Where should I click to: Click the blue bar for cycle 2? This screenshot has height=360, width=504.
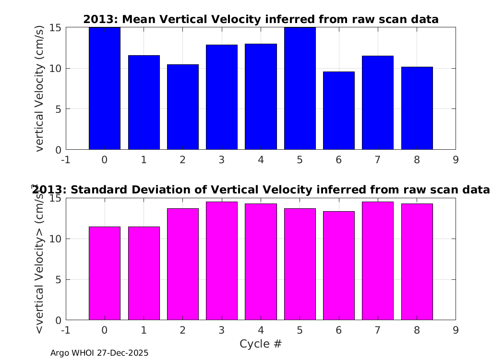[x=183, y=107]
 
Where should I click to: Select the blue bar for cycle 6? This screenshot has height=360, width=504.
[x=339, y=110]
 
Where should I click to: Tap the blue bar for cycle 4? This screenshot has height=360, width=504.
[x=261, y=97]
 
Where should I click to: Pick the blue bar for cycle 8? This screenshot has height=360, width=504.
[x=417, y=108]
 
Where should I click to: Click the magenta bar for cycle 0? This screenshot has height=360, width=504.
[x=105, y=274]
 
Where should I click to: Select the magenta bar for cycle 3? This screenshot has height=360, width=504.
[x=222, y=261]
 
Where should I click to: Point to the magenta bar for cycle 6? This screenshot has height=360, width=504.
[x=339, y=266]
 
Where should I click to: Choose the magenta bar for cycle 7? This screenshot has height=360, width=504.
[x=378, y=261]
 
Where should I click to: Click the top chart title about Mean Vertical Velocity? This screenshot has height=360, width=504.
[x=261, y=19]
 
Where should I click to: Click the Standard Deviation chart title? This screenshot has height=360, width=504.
[x=261, y=190]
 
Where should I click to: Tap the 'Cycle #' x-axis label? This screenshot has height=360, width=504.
[x=261, y=344]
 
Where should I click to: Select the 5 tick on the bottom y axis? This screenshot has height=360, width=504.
[x=58, y=280]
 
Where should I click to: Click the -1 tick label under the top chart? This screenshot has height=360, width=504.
[x=66, y=160]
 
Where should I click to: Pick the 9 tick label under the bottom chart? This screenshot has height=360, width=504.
[x=456, y=330]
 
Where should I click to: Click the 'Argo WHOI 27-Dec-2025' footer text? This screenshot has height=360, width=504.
[x=99, y=353]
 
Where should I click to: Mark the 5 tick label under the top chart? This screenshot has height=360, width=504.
[x=300, y=160]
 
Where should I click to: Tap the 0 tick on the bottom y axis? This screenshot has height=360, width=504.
[x=58, y=320]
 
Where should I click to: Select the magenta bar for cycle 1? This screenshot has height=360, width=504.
[x=144, y=274]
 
